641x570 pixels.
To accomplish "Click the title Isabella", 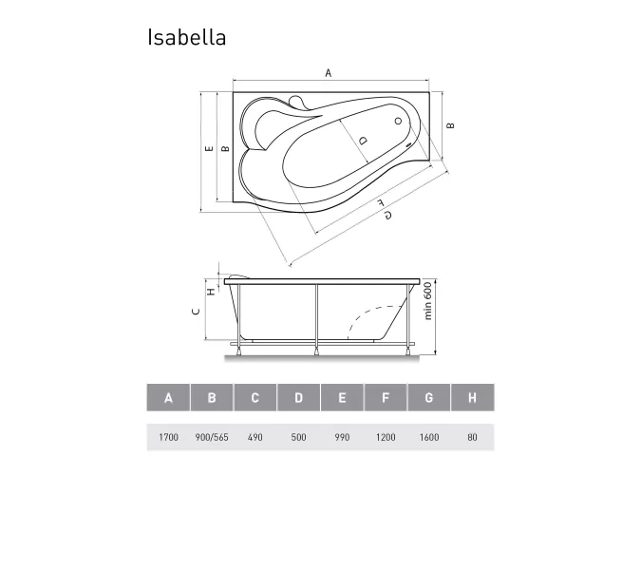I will [x=186, y=37].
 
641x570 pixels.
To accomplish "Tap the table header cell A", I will [x=169, y=398].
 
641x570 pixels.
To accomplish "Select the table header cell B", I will [x=212, y=398].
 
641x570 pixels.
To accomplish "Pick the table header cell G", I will [x=428, y=398].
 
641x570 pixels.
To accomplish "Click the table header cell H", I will [x=472, y=398].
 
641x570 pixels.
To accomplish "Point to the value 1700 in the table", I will [x=168, y=437].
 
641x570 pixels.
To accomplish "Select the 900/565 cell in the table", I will [x=212, y=437].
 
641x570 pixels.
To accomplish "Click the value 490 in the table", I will [x=255, y=437].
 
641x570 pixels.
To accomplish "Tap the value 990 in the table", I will [x=342, y=437].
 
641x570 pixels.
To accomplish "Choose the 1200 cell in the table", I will [x=385, y=437].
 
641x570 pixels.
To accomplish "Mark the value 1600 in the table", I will [x=428, y=437].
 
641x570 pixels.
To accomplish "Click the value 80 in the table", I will [x=472, y=437].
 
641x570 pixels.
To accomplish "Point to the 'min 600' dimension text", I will [x=428, y=301].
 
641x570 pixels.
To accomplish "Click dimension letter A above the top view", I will [x=329, y=73].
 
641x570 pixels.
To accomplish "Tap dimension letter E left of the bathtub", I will [x=207, y=149].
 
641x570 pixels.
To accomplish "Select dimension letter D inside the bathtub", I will [x=363, y=140].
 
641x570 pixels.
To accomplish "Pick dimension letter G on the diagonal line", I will [x=387, y=215].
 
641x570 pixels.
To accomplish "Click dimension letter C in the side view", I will [x=196, y=312].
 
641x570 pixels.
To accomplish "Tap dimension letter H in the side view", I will [x=211, y=292].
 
